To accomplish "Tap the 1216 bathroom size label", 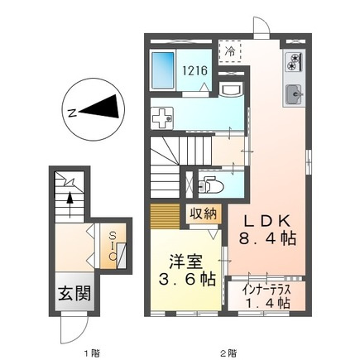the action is coord(194,70).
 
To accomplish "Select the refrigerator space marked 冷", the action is coord(230,50).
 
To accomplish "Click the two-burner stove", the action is coord(295,62).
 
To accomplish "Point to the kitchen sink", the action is coord(294,94).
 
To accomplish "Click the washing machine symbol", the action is coord(163,118).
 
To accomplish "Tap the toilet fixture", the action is coord(211,185).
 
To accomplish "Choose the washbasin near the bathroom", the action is coord(232,89).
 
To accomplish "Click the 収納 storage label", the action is coord(204,214).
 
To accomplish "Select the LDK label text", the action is coord(267,222).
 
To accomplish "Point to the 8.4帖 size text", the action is coord(267,238).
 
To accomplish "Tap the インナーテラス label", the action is coord(266,290).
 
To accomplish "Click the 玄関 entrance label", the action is coord(74,294).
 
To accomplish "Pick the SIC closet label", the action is coord(113,246).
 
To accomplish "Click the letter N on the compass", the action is coord(72,113).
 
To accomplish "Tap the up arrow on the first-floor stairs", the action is coord(70,204).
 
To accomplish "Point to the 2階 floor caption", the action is coord(228,345).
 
